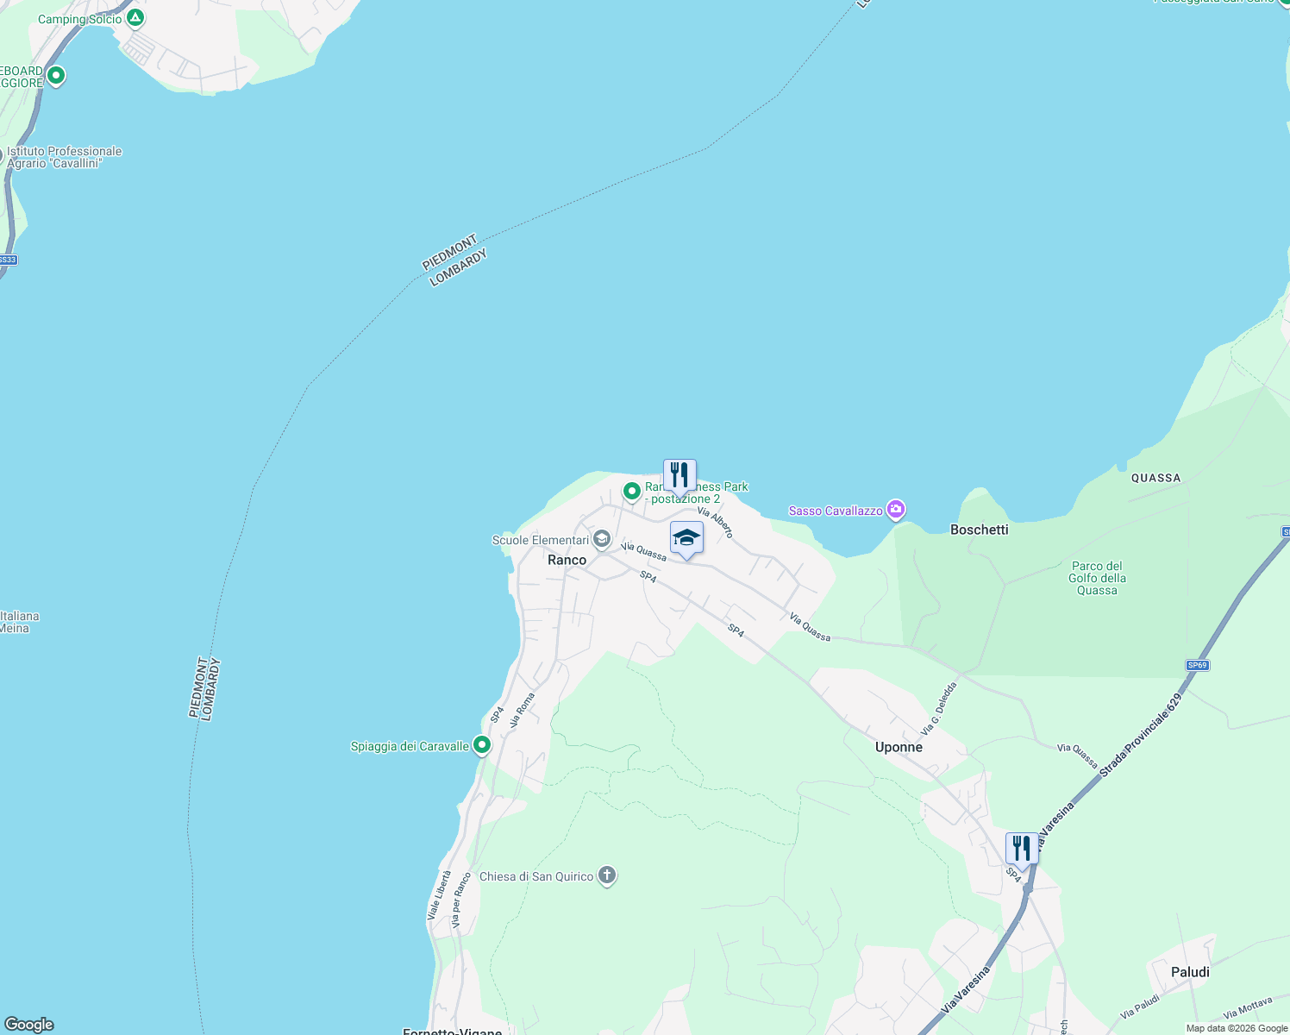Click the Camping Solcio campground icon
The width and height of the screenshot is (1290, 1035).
[x=135, y=17]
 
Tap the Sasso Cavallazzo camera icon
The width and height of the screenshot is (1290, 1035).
[x=896, y=510]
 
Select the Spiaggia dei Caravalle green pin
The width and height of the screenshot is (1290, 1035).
[x=482, y=744]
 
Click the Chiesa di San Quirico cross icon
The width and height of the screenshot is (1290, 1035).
[x=607, y=875]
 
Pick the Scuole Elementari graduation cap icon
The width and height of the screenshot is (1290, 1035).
[x=602, y=540]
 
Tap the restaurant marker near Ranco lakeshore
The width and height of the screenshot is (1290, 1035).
[x=679, y=475]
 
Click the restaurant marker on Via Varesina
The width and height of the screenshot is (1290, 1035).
[x=1022, y=849]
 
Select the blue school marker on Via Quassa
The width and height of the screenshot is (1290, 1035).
[x=686, y=538]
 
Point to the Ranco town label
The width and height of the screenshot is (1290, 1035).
[x=567, y=560]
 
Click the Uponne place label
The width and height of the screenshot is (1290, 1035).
[x=899, y=747]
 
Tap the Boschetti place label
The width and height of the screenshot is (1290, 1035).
[x=979, y=530]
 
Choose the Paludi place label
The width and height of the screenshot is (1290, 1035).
[x=1190, y=972]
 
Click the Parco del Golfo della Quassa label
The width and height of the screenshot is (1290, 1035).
[x=1097, y=578]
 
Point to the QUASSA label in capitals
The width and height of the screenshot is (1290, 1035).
[x=1155, y=478]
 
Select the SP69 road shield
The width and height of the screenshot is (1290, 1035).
[x=1197, y=665]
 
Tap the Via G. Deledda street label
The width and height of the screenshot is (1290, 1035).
[x=939, y=709]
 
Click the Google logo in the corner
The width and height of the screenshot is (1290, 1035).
[x=29, y=1024]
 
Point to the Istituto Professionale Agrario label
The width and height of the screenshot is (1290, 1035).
[x=65, y=157]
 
